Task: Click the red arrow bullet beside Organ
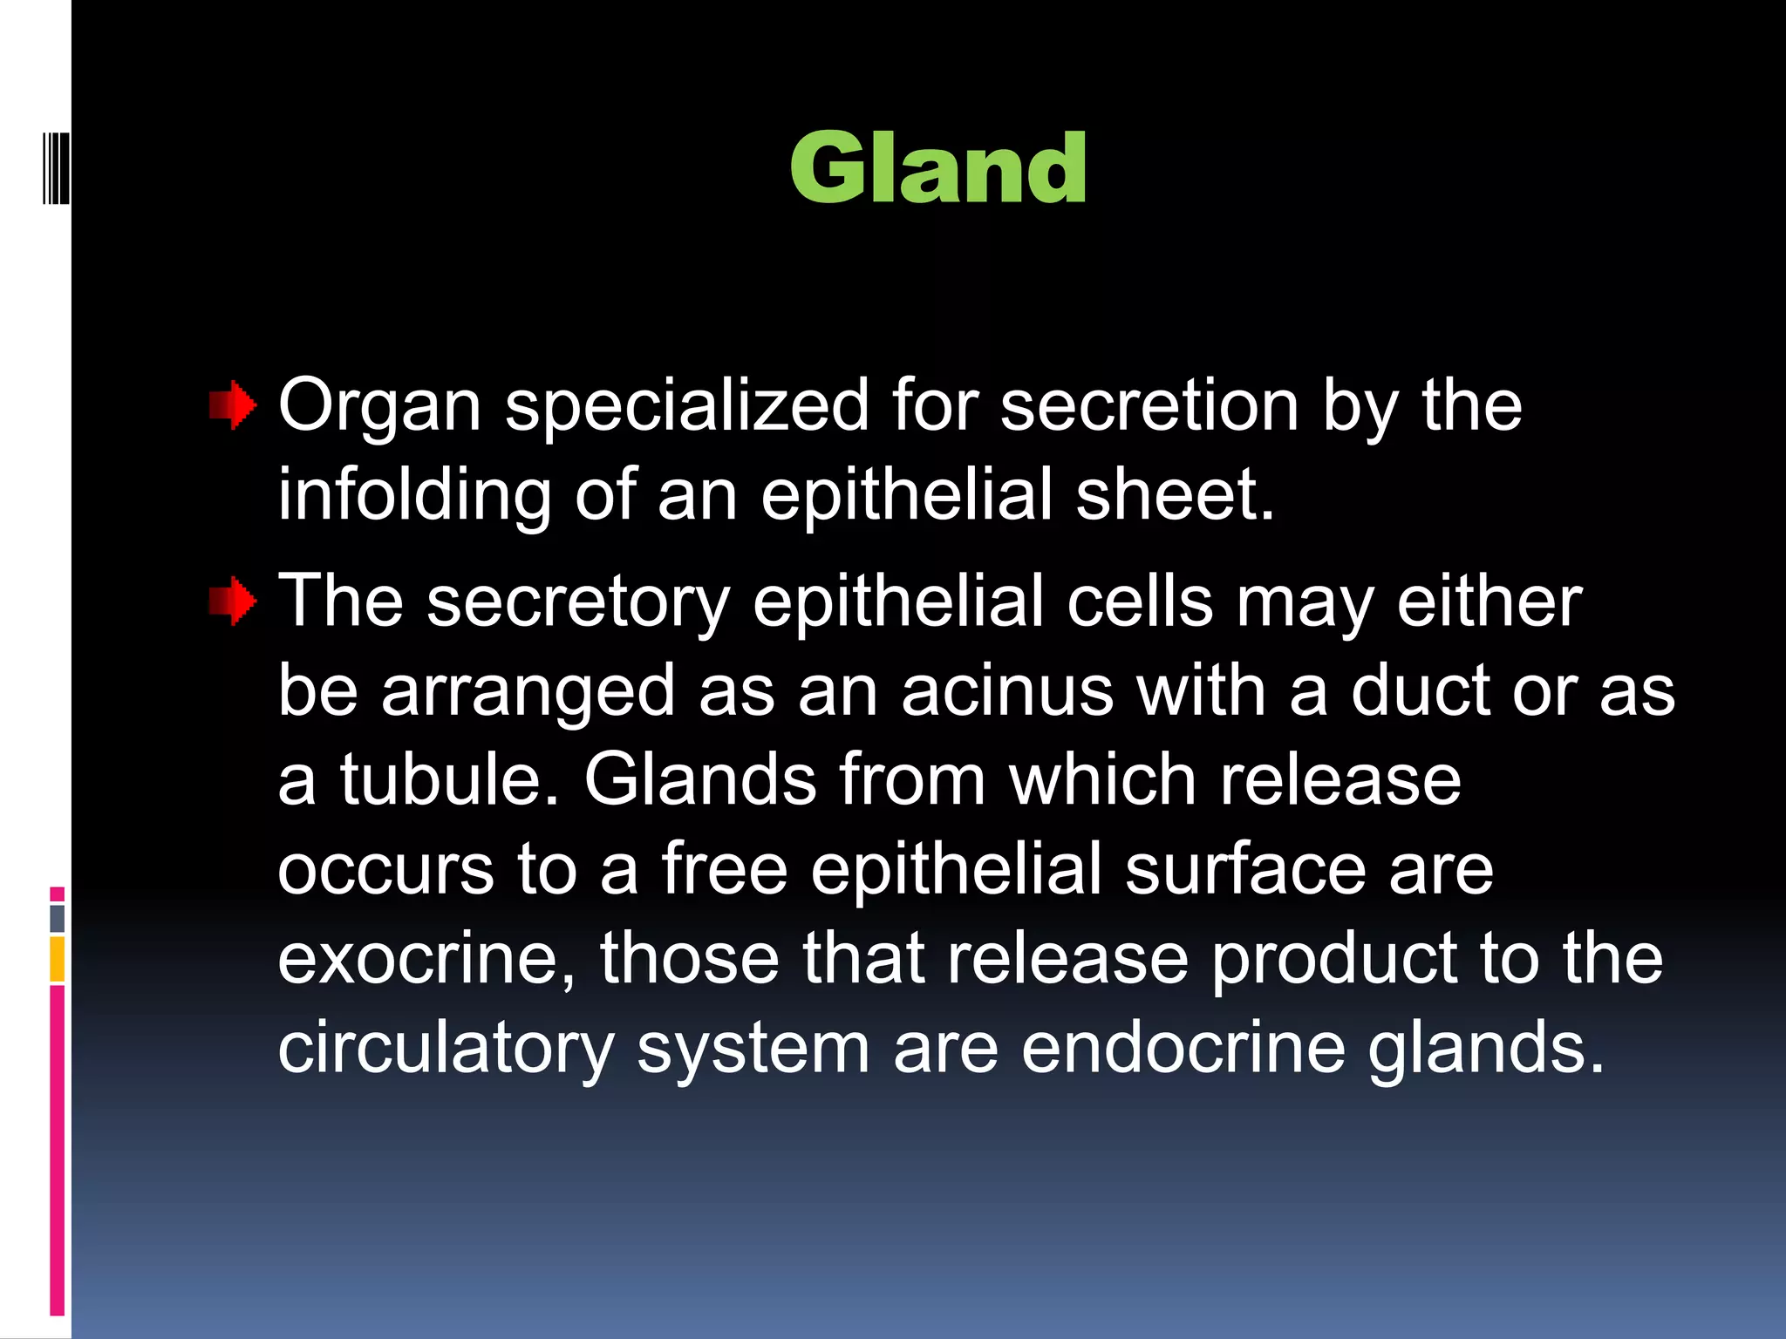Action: point(233,405)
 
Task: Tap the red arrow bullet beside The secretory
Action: point(233,602)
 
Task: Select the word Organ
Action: point(379,407)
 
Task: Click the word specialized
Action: point(687,405)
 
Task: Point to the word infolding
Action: point(414,495)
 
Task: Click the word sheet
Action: point(1175,495)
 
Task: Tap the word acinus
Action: point(1007,691)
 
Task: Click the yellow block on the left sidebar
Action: point(58,959)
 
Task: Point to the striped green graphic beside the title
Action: point(56,167)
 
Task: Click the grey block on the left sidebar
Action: point(58,918)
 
